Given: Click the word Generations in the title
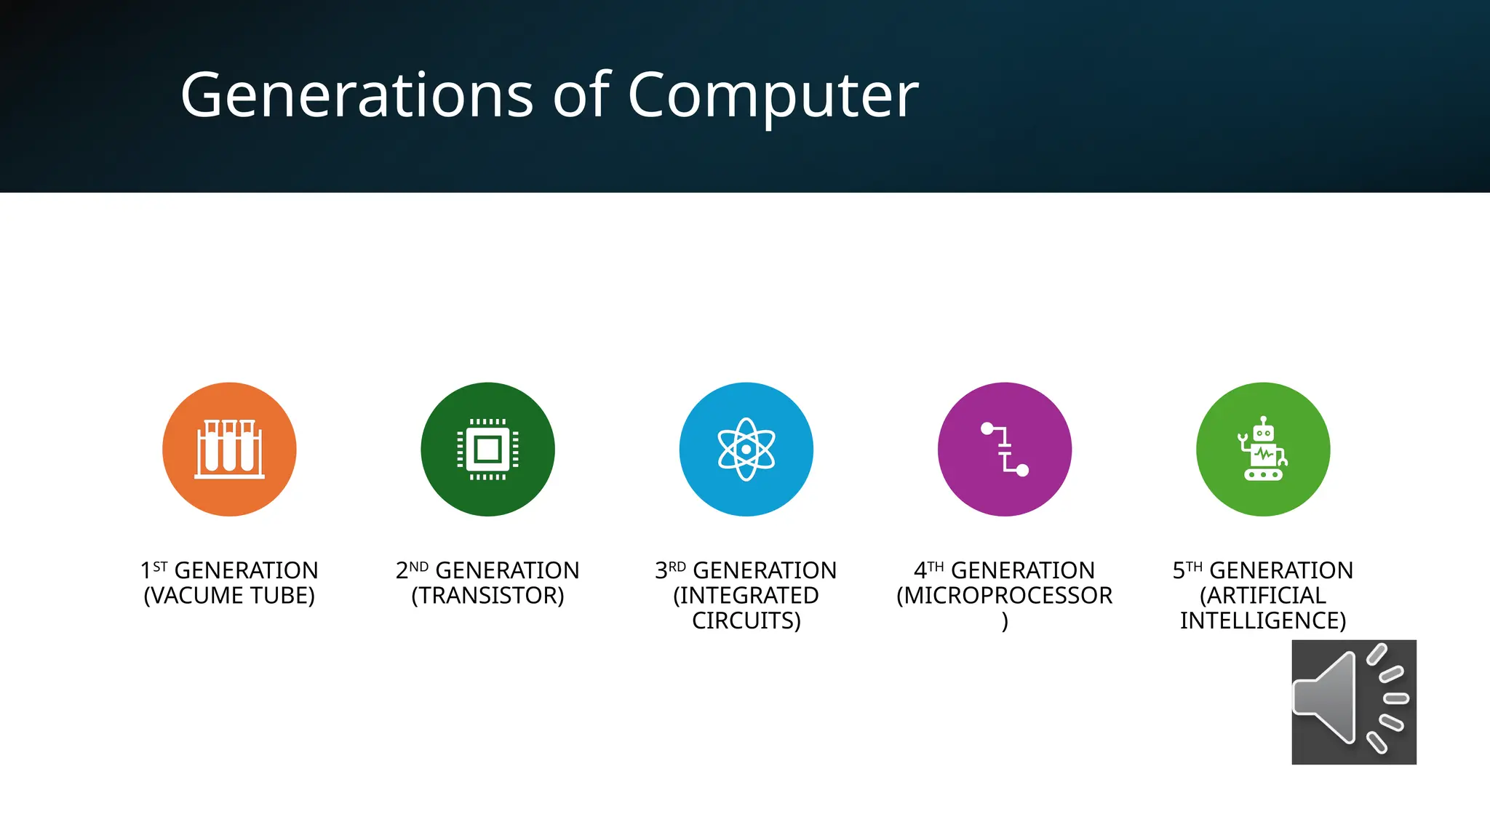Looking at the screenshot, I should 356,95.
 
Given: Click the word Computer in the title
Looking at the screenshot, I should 773,95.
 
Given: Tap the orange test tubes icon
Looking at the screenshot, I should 229,450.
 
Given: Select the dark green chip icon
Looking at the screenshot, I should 487,450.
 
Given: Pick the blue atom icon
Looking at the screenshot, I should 746,450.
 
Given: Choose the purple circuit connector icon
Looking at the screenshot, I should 1005,450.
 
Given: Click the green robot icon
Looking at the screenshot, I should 1263,450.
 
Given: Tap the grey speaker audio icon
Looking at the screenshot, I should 1354,702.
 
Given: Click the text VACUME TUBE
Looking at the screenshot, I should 229,596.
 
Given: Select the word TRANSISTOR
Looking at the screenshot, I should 488,596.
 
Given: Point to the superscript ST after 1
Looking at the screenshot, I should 161,567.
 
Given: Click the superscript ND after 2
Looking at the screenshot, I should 418,567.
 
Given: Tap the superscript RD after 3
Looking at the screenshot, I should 677,567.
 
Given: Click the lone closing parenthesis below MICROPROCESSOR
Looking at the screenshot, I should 1005,621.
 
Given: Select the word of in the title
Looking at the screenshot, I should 581,95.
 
